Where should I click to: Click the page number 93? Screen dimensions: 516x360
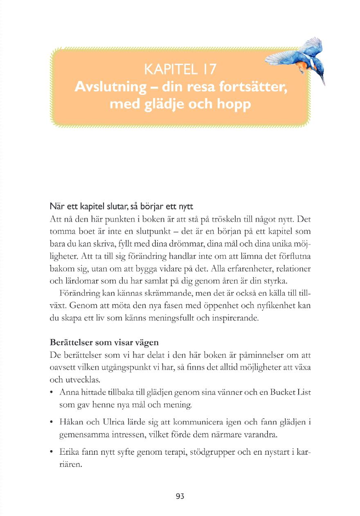point(180,496)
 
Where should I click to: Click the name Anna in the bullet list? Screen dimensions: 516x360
point(68,393)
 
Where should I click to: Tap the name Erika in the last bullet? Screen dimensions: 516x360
point(68,451)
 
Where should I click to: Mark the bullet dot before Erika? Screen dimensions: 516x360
point(51,452)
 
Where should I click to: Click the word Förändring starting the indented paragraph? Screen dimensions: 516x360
point(80,294)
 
